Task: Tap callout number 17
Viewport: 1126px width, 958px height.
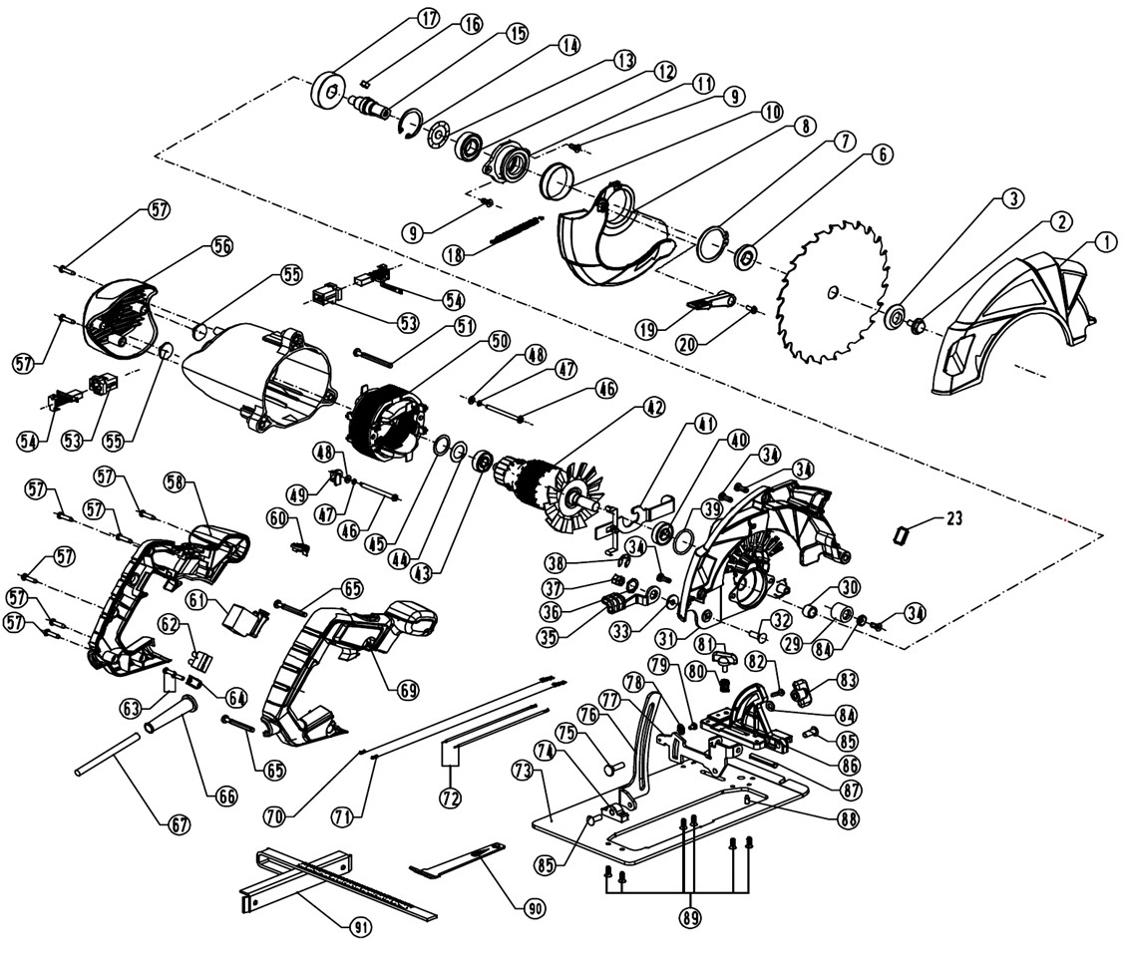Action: click(x=428, y=18)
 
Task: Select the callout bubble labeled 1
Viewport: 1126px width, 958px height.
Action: click(x=1104, y=241)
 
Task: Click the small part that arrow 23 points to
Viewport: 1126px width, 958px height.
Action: click(x=900, y=535)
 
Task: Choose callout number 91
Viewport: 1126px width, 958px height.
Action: click(x=361, y=927)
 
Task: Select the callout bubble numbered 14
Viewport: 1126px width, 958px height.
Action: click(x=568, y=45)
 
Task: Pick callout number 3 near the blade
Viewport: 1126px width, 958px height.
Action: click(x=1012, y=198)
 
